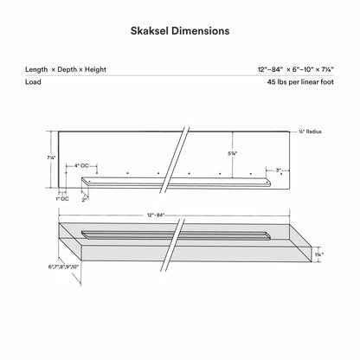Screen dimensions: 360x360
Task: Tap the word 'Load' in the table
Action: point(35,83)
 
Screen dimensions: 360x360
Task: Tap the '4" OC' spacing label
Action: point(82,164)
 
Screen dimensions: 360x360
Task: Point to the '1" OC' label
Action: point(62,200)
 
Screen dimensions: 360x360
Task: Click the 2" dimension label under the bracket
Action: point(85,199)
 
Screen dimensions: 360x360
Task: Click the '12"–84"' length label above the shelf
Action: point(152,214)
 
